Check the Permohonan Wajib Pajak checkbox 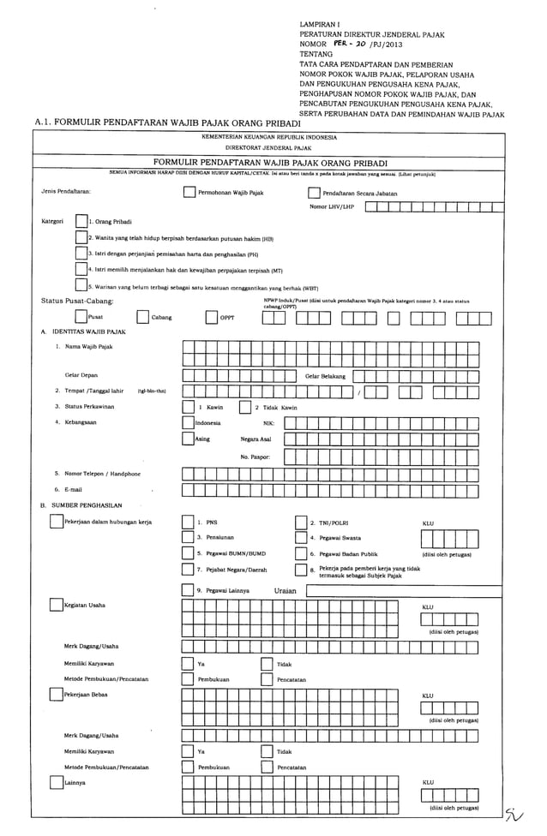tap(189, 193)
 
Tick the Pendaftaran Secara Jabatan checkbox tap(314, 193)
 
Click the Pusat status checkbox tap(81, 317)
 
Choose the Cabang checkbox tap(142, 317)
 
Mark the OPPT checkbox tap(211, 317)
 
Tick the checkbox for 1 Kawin tap(189, 408)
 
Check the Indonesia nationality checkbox tap(189, 422)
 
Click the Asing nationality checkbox tap(189, 439)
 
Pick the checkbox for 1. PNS tap(187, 522)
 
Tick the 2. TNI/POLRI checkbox tap(301, 522)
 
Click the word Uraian tap(286, 590)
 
